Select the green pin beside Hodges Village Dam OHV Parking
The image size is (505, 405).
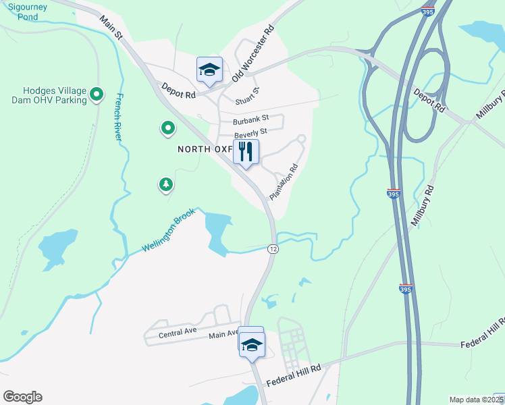click(97, 94)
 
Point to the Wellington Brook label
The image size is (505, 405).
click(168, 230)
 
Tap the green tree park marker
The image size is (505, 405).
click(165, 184)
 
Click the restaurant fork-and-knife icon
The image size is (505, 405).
click(246, 152)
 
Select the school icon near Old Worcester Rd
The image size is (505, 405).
click(209, 69)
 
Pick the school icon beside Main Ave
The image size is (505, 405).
click(252, 344)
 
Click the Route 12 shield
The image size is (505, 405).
click(273, 249)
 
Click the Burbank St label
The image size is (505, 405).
click(250, 121)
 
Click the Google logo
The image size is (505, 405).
click(22, 397)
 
